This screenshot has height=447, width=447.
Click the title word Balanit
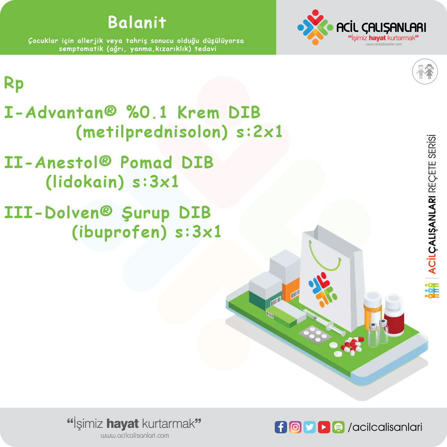click(x=137, y=22)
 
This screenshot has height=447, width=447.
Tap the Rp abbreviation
click(x=14, y=84)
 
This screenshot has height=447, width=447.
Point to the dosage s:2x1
click(x=259, y=132)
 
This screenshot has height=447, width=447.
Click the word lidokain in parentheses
click(x=84, y=182)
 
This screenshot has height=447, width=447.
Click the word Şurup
click(x=146, y=213)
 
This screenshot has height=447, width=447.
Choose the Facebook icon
click(x=281, y=427)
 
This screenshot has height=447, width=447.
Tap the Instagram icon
click(x=295, y=427)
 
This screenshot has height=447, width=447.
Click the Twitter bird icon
click(x=310, y=427)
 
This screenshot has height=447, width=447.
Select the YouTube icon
click(x=324, y=427)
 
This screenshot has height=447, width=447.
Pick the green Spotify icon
click(x=338, y=427)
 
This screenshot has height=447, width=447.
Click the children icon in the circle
click(x=425, y=72)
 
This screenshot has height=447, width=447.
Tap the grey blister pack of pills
click(x=315, y=333)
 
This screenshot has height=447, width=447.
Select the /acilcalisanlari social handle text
click(x=385, y=427)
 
